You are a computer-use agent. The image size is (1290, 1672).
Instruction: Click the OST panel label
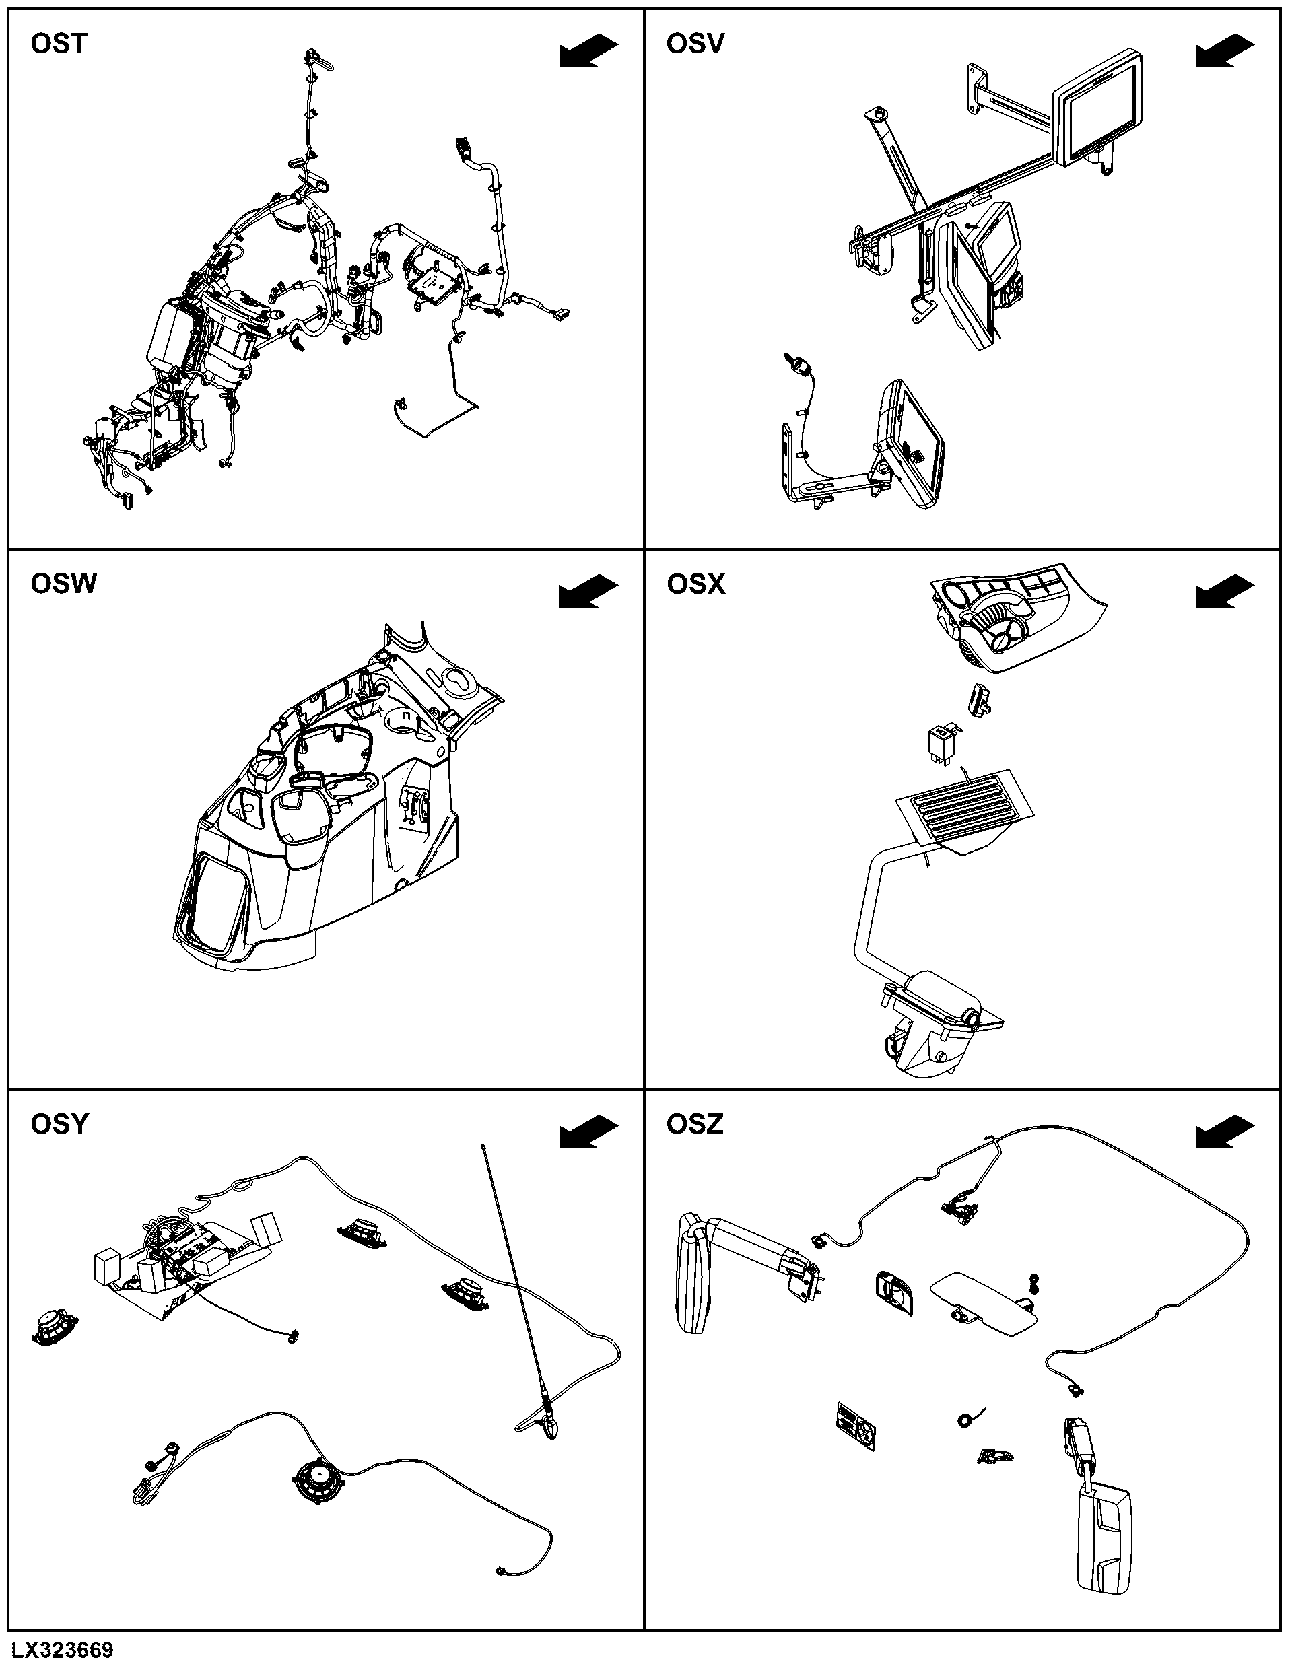59,44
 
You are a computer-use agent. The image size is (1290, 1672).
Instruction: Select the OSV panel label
695,44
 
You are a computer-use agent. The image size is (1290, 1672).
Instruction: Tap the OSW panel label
63,584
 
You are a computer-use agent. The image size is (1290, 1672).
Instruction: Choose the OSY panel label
60,1125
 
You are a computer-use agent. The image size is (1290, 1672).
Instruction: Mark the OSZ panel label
695,1125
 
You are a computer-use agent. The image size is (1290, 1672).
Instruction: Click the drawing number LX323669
63,1650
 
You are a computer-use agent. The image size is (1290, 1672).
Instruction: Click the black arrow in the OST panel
588,51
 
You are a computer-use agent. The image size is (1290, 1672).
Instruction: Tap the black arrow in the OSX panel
1225,592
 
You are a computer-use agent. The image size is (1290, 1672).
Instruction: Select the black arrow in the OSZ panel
1225,1132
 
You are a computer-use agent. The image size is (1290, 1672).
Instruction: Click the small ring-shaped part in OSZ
965,1420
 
